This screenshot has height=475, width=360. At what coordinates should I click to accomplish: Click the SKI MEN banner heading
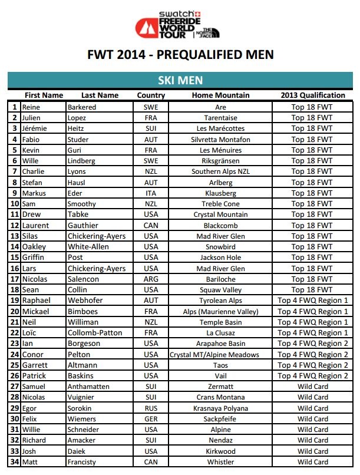(x=180, y=80)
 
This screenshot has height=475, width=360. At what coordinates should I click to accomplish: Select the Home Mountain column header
(x=220, y=95)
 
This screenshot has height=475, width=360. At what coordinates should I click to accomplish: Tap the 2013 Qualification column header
(x=312, y=95)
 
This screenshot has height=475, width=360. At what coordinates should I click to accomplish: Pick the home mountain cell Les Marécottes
(x=220, y=128)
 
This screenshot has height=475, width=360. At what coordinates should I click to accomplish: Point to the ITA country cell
(x=151, y=193)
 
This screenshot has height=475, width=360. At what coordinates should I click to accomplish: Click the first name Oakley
(x=34, y=247)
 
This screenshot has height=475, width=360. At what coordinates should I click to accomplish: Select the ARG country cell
(x=151, y=279)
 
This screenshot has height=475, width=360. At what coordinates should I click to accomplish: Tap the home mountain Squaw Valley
(x=220, y=290)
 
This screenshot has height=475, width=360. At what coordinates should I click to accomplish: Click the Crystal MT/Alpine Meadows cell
(x=214, y=355)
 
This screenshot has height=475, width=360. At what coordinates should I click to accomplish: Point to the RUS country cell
(x=151, y=408)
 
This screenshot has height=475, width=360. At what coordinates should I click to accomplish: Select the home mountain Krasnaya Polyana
(x=220, y=408)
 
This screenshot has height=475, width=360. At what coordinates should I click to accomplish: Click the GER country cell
(x=151, y=419)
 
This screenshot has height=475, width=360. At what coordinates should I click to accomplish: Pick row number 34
(x=14, y=462)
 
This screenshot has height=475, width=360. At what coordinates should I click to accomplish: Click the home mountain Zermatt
(x=220, y=387)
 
